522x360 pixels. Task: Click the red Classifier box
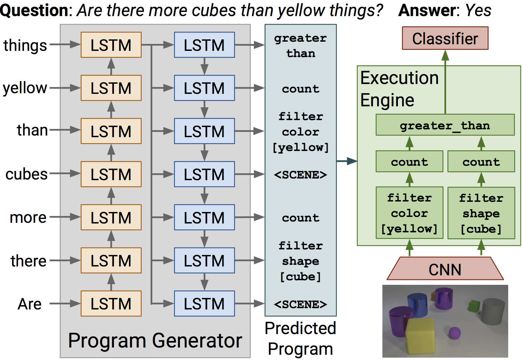pos(445,38)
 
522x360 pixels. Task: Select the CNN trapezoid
pos(445,269)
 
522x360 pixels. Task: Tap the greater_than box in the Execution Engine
pos(445,125)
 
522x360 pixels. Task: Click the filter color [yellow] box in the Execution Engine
pos(409,213)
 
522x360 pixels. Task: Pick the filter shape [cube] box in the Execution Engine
pos(481,213)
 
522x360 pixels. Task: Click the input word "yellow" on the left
pos(25,88)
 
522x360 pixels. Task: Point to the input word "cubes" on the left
pos(26,174)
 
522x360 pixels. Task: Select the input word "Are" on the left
pos(30,304)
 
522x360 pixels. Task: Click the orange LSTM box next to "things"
pos(111,45)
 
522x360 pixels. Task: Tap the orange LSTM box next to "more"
pos(111,217)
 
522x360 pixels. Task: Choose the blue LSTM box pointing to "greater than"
pos(204,45)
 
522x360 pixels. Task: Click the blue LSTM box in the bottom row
pos(204,304)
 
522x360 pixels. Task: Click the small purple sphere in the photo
pos(455,333)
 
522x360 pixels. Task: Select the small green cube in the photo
pos(474,306)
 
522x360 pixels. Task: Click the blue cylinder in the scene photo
pos(417,305)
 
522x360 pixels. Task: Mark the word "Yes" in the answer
pos(478,11)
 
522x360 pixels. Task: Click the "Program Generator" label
pos(155,341)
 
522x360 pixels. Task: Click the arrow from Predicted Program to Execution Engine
pos(347,161)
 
